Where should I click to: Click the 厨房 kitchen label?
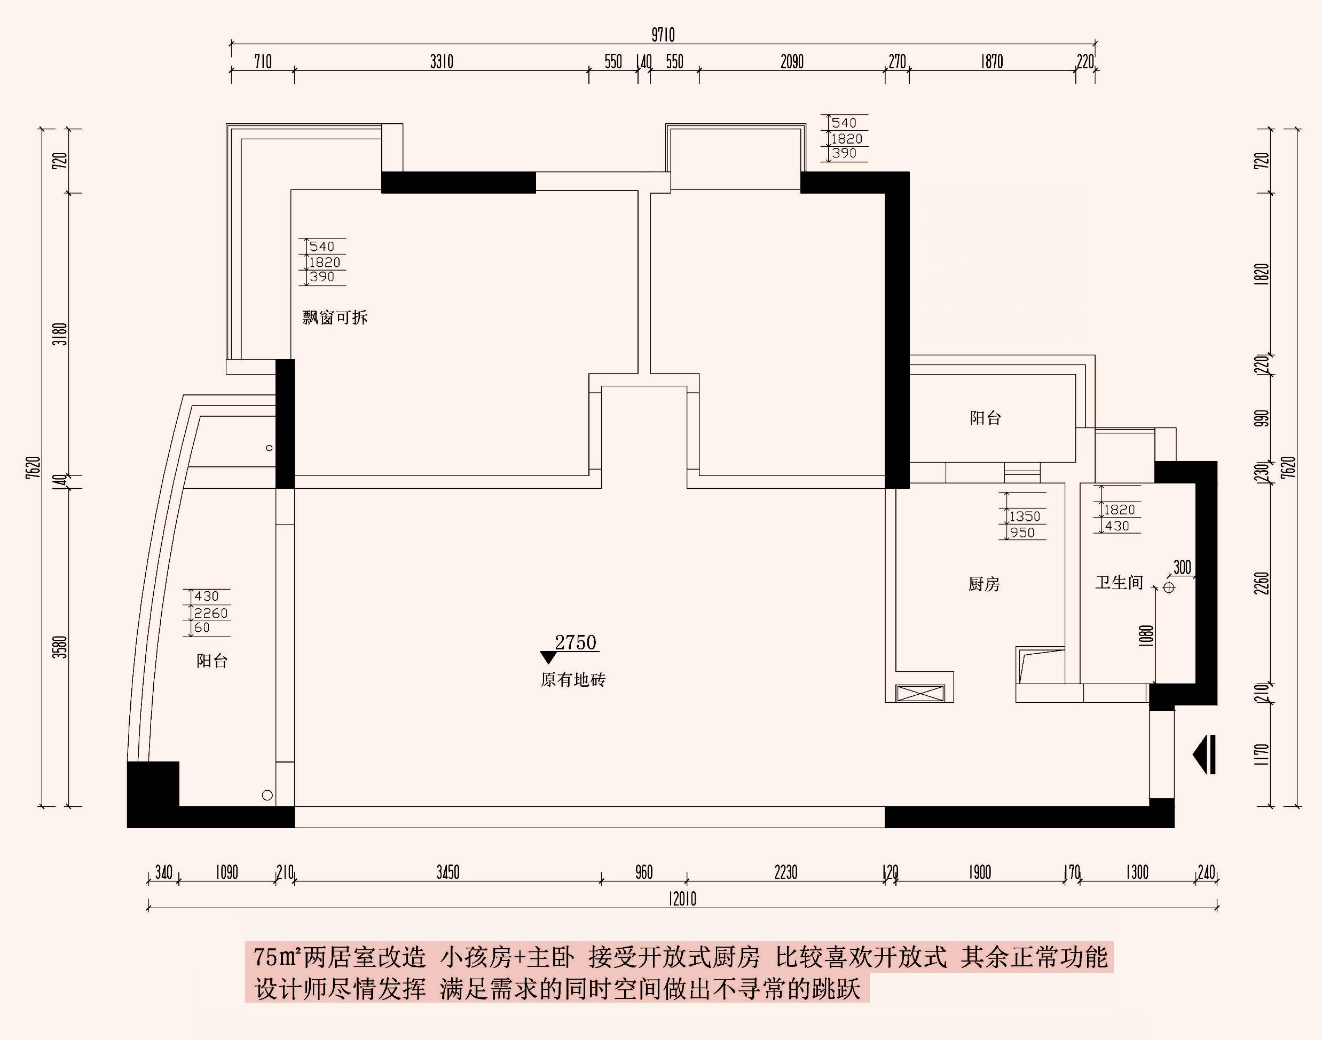pos(984,584)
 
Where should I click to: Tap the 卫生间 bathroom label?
pos(1119,583)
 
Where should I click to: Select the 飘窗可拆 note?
pos(335,317)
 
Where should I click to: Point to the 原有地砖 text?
pos(573,679)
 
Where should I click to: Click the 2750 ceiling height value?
pos(576,642)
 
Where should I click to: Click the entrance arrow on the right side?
pos(1205,755)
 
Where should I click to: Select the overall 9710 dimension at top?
pos(663,35)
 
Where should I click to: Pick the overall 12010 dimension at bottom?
pos(682,899)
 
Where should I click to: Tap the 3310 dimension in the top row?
pos(442,61)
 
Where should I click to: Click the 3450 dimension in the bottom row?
pos(448,872)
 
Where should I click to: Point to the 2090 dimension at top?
pos(792,61)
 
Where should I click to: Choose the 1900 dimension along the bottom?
pos(980,872)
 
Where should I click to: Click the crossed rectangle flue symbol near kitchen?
pos(920,693)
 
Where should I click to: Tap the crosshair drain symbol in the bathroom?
pos(1168,588)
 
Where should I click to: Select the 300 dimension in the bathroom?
pos(1182,568)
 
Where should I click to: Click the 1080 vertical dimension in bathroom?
pos(1146,636)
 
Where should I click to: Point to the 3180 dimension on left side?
pos(60,334)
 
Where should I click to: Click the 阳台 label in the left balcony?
pos(212,661)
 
